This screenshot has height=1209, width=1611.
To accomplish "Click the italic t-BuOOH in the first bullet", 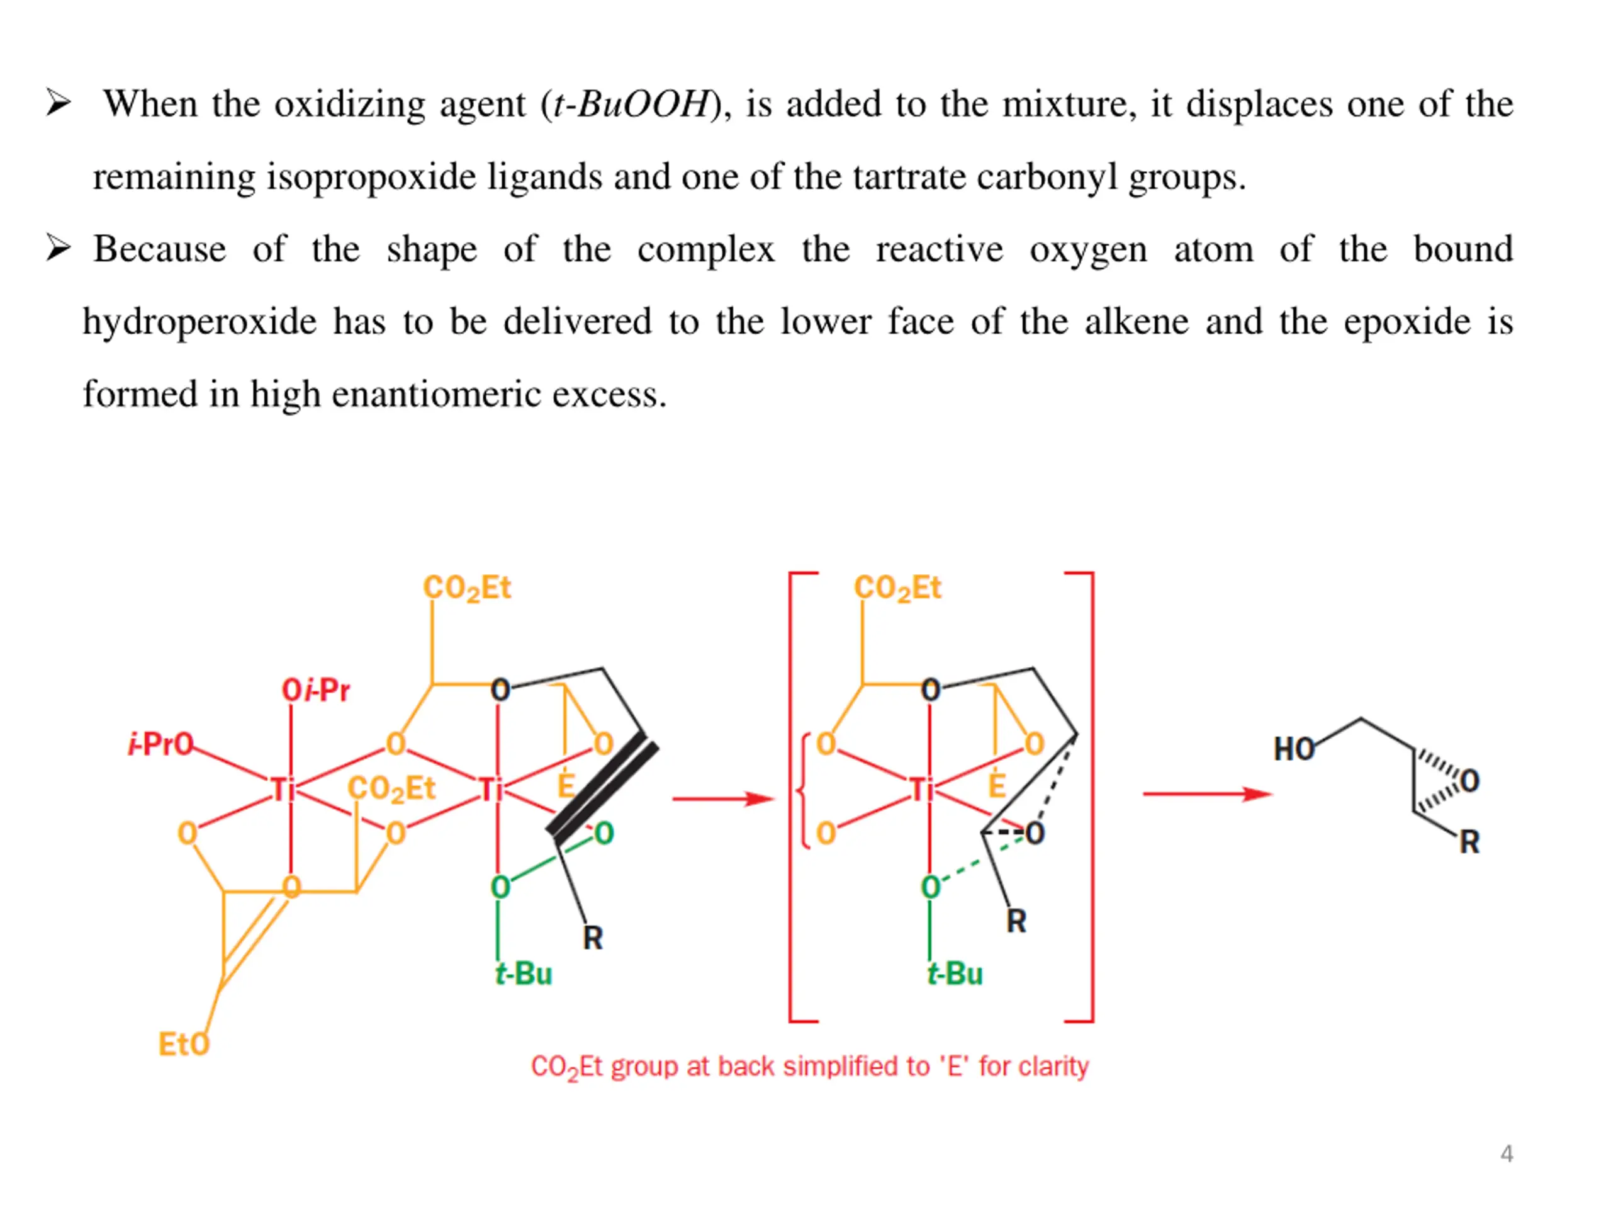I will (x=631, y=104).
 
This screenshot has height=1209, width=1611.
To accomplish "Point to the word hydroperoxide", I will (x=199, y=322).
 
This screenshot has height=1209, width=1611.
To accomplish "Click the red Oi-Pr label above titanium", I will (x=315, y=690).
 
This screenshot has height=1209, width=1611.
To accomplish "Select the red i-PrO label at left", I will (x=161, y=744).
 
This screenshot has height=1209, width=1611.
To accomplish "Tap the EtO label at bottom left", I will (x=184, y=1044).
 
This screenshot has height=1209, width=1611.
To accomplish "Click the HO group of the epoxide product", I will (x=1293, y=749).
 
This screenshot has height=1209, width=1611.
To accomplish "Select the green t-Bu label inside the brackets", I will (x=955, y=974).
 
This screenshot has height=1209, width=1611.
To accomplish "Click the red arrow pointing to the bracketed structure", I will (x=722, y=800).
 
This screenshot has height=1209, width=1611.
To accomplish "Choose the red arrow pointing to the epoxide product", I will (x=1207, y=793).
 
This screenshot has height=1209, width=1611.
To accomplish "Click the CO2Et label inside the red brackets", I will (x=897, y=588).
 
